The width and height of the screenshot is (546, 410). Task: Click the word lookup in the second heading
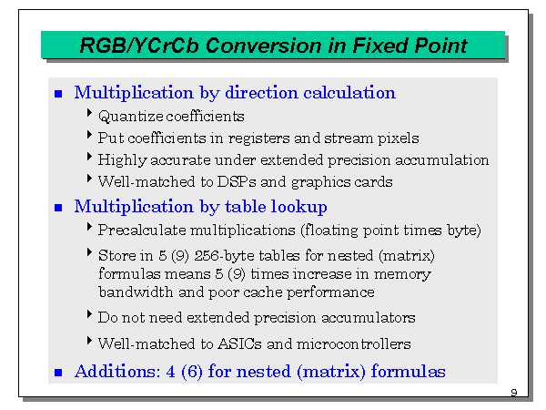click(x=296, y=207)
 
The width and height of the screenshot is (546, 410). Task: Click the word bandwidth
click(x=135, y=292)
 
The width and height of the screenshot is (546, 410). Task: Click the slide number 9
click(x=514, y=393)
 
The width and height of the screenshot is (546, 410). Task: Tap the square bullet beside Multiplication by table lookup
click(x=58, y=208)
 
